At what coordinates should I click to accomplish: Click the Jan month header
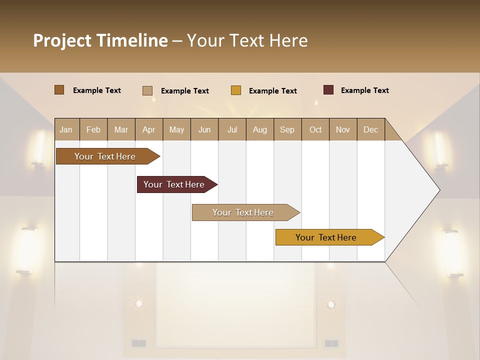point(66,129)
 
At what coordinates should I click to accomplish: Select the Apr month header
point(149,129)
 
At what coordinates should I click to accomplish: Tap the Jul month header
point(232,129)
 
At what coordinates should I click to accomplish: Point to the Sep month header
point(287,129)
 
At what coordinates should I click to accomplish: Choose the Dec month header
point(370,129)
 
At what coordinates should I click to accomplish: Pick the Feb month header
point(93,129)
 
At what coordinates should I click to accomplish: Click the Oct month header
point(315,129)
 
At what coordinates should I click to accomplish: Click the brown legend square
point(59,90)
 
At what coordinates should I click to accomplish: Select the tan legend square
point(147,90)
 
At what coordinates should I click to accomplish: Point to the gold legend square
point(235,90)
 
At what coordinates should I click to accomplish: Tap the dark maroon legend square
point(328,90)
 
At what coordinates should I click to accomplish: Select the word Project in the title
point(62,40)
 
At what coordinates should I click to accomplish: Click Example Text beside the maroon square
point(364,90)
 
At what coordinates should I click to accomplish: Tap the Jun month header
point(204,129)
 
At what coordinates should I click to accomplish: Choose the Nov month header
point(343,129)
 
